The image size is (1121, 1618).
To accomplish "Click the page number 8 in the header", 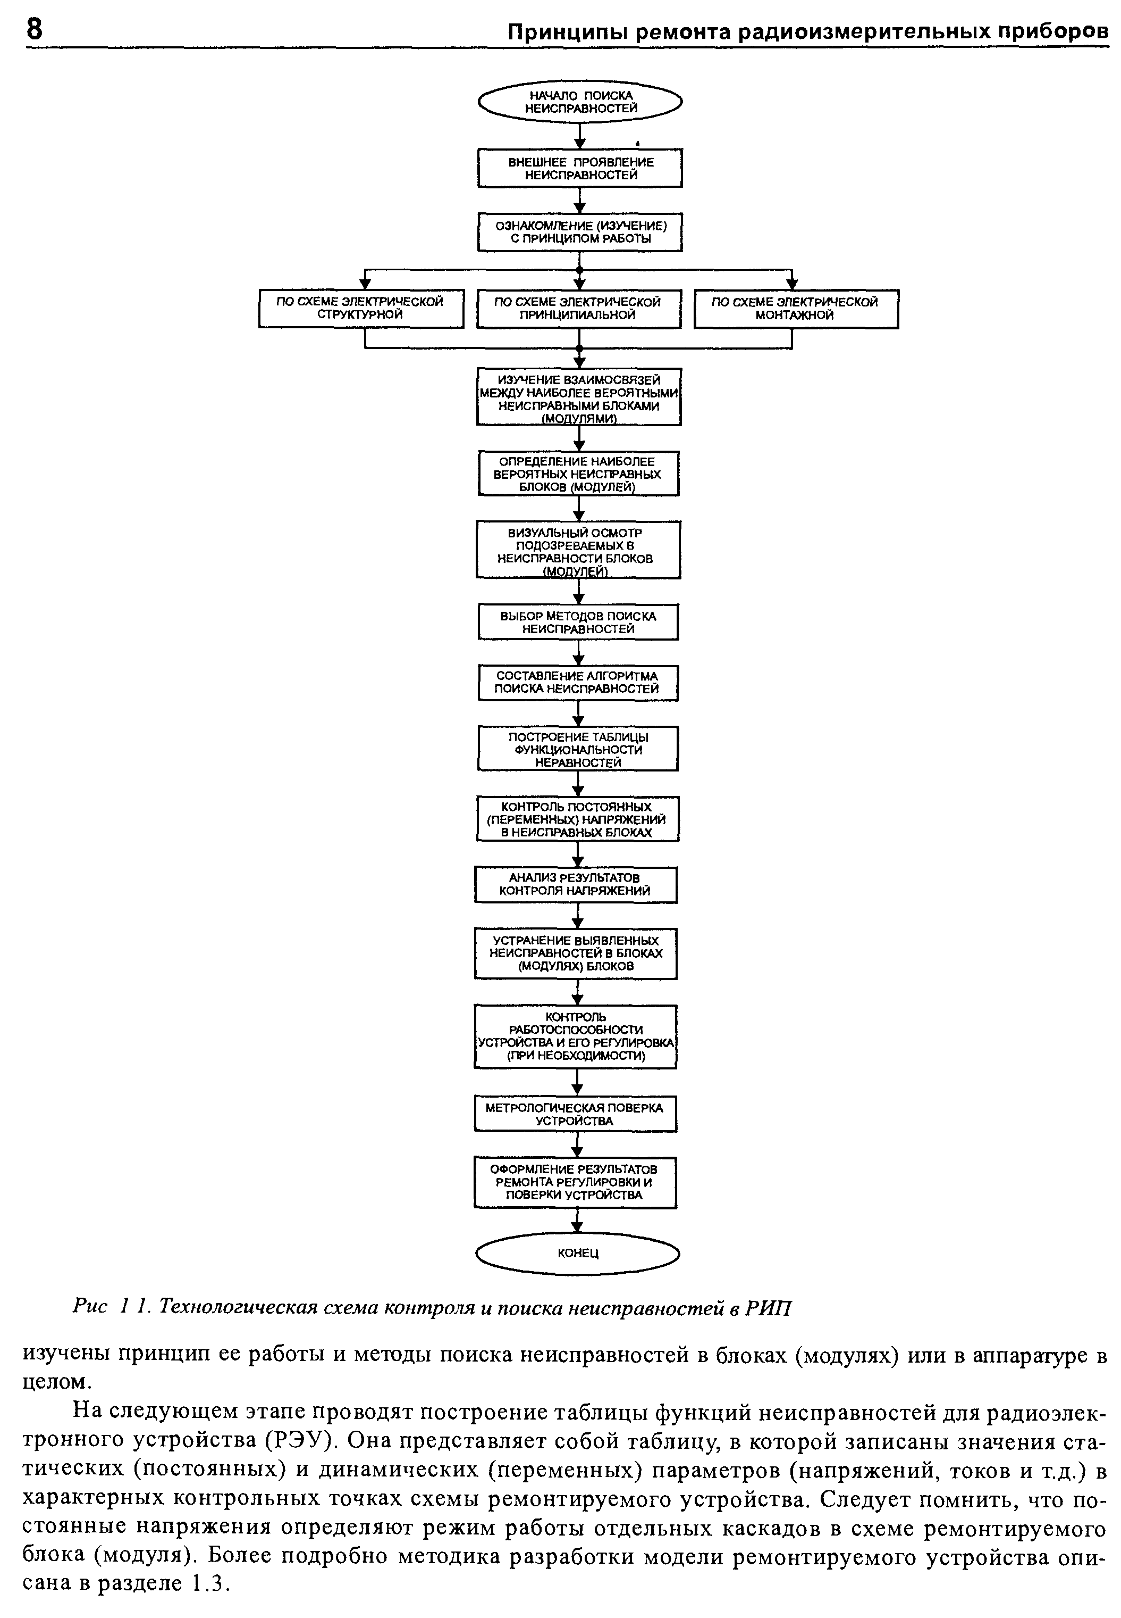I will (33, 29).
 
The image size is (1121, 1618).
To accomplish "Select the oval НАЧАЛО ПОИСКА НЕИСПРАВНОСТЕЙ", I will (580, 103).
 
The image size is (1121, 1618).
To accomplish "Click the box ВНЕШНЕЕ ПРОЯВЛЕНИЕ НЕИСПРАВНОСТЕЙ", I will (580, 168).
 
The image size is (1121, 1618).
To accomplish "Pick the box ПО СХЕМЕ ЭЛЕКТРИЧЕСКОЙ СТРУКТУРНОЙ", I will (361, 309).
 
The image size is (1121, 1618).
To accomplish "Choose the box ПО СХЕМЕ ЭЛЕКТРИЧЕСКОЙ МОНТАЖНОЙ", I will (796, 309).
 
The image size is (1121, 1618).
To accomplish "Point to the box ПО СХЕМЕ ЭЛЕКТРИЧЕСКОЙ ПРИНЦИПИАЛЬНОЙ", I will (579, 309).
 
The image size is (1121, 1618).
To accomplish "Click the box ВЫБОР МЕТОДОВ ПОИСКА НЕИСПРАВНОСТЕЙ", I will (578, 622).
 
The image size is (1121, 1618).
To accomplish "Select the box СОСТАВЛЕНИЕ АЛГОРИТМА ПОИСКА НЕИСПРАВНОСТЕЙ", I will (578, 683).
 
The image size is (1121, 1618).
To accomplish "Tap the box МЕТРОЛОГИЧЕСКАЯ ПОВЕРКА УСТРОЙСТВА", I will (575, 1114).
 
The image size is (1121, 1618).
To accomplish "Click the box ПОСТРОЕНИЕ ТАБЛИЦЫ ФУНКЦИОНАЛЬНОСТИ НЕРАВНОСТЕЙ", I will (578, 749).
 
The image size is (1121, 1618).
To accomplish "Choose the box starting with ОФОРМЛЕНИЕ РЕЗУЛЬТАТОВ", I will (575, 1182).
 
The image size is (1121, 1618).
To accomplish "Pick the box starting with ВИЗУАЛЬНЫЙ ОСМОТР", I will (578, 550).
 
